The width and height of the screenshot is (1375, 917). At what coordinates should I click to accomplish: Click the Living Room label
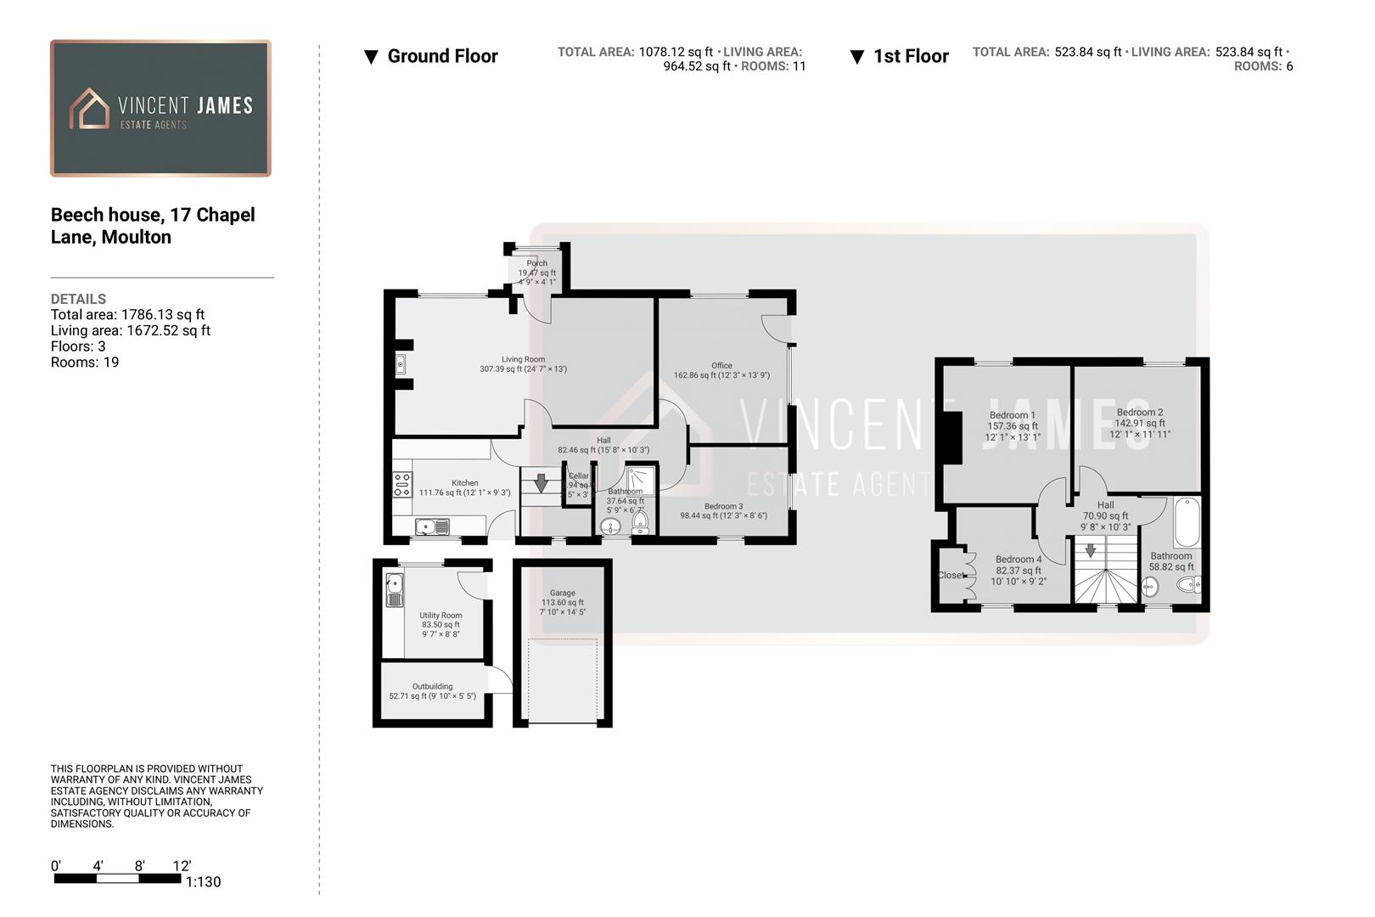coord(523,360)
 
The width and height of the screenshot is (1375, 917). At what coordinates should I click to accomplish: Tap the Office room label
coord(721,366)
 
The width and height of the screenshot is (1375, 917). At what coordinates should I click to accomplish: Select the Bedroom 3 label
coord(723,507)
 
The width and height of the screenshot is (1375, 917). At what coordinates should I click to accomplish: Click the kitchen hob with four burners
coord(401,485)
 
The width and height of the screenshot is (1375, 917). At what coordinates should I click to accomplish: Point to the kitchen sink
coord(432,527)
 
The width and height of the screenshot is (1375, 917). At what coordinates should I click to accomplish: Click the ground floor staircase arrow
coord(541,484)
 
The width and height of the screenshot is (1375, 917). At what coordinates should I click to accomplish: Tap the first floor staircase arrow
coord(1091,550)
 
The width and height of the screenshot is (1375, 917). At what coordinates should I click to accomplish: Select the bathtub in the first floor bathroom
coord(1187,522)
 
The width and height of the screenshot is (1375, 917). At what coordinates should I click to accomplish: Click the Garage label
coord(562,594)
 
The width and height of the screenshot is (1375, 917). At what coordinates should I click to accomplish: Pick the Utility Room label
coord(441,616)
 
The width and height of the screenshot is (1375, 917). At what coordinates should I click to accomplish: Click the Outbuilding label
coord(432,686)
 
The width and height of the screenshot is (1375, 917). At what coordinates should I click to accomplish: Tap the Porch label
coord(536,263)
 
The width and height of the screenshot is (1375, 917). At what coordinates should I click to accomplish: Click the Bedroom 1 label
coord(1012,415)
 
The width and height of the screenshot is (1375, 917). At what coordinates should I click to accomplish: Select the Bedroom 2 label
coord(1140,412)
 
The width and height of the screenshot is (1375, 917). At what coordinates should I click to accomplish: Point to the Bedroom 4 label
coord(1019,560)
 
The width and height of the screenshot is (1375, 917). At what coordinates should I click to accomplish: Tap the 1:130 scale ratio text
coord(203,882)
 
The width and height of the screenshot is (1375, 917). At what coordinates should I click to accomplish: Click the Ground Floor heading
coord(442,56)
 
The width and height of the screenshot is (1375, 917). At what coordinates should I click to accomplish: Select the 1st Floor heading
coord(911,56)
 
